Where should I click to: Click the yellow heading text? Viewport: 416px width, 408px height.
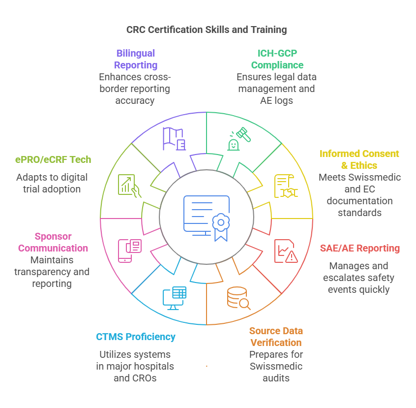[x=358, y=159]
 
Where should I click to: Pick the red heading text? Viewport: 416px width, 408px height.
[x=363, y=248]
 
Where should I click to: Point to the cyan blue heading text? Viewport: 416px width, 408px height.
[x=135, y=340]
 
